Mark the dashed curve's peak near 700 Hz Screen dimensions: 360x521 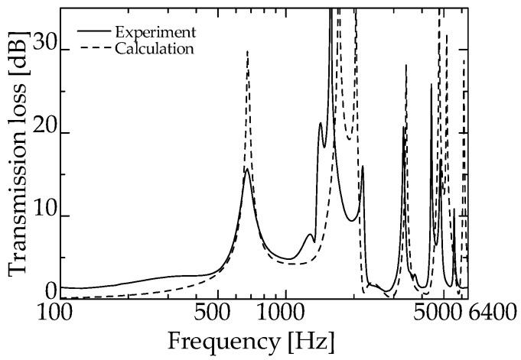coord(247,52)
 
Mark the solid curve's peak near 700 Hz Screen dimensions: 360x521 coord(246,170)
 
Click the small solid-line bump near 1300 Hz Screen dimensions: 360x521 coord(310,235)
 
